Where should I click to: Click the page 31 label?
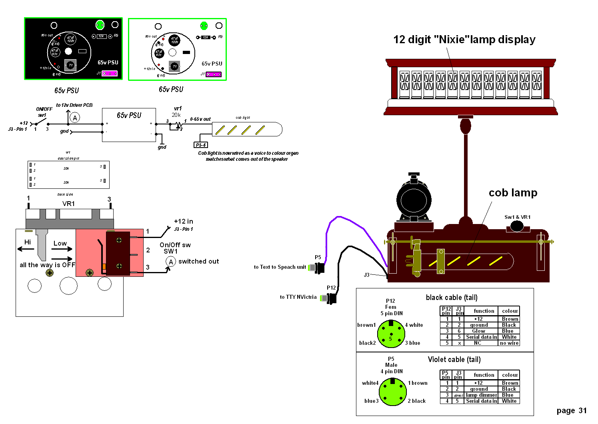click(571, 411)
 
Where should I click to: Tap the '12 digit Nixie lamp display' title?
click(464, 40)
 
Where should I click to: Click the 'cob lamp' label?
click(513, 193)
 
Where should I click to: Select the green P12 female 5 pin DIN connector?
click(390, 334)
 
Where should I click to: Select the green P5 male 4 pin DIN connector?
click(392, 392)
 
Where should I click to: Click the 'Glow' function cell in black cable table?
click(478, 331)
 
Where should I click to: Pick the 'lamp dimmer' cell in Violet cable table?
click(482, 395)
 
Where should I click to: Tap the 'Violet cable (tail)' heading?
click(454, 360)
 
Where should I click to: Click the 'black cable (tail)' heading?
click(451, 298)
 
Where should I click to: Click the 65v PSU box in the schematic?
click(129, 125)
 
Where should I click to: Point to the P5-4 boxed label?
click(201, 145)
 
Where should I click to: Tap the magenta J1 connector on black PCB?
click(110, 74)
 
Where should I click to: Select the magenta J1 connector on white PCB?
click(214, 74)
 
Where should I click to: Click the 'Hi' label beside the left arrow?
click(28, 242)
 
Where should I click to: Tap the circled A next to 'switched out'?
click(171, 262)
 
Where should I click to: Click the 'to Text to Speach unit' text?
click(280, 267)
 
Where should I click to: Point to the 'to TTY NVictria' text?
click(298, 297)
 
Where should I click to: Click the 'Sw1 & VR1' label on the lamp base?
click(517, 217)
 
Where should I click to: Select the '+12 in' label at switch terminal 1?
click(183, 222)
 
